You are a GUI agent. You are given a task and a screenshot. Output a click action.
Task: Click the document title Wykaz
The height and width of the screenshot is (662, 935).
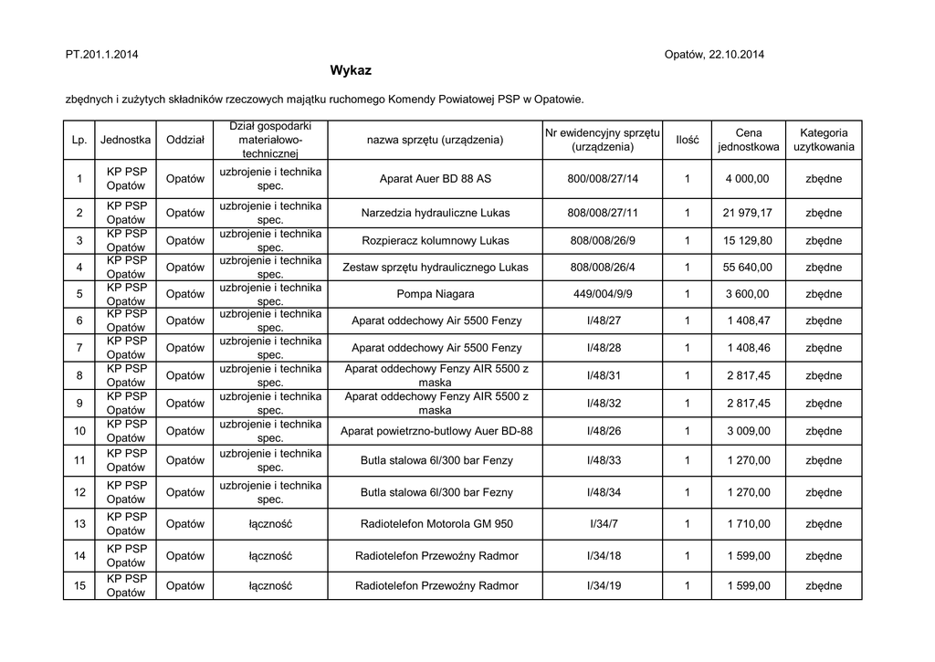(351, 70)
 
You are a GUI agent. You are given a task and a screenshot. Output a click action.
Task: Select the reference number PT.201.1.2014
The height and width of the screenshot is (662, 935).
(102, 55)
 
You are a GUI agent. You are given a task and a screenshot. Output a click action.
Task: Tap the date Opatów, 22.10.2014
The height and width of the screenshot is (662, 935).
(715, 55)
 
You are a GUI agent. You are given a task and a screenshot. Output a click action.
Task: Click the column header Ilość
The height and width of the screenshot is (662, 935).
(687, 140)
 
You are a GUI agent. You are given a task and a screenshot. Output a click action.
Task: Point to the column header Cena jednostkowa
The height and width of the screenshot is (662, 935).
(748, 140)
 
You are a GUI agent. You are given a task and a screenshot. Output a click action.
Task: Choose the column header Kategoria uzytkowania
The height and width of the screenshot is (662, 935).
(824, 140)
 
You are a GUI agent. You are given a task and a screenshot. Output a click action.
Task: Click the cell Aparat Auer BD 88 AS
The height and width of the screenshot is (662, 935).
(436, 179)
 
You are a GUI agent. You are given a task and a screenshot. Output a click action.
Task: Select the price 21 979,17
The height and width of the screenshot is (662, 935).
(748, 213)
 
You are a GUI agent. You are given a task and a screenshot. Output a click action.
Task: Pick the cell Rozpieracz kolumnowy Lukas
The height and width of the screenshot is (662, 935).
(436, 240)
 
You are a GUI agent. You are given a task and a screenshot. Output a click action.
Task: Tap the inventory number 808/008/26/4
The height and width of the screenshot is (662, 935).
(603, 268)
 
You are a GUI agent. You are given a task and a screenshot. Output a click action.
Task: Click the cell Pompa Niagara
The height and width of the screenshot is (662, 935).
(436, 294)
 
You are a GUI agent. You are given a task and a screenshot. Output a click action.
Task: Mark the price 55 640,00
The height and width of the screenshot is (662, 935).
(748, 268)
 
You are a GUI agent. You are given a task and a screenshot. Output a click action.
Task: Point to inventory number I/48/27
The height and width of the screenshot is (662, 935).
(603, 321)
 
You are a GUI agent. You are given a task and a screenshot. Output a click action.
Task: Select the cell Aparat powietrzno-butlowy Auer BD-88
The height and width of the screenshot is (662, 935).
(436, 431)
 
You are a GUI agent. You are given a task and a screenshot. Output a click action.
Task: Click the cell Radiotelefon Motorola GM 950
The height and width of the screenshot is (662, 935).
(436, 524)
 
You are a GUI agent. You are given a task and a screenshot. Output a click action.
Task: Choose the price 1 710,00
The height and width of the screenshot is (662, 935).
(748, 524)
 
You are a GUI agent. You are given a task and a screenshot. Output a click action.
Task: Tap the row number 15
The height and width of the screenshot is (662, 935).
(80, 585)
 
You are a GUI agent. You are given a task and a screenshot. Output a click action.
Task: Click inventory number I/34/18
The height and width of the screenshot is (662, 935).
(603, 555)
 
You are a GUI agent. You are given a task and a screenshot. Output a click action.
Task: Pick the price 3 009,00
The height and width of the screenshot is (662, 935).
(748, 431)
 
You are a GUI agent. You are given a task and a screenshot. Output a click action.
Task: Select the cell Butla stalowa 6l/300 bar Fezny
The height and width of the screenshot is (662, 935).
(436, 493)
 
